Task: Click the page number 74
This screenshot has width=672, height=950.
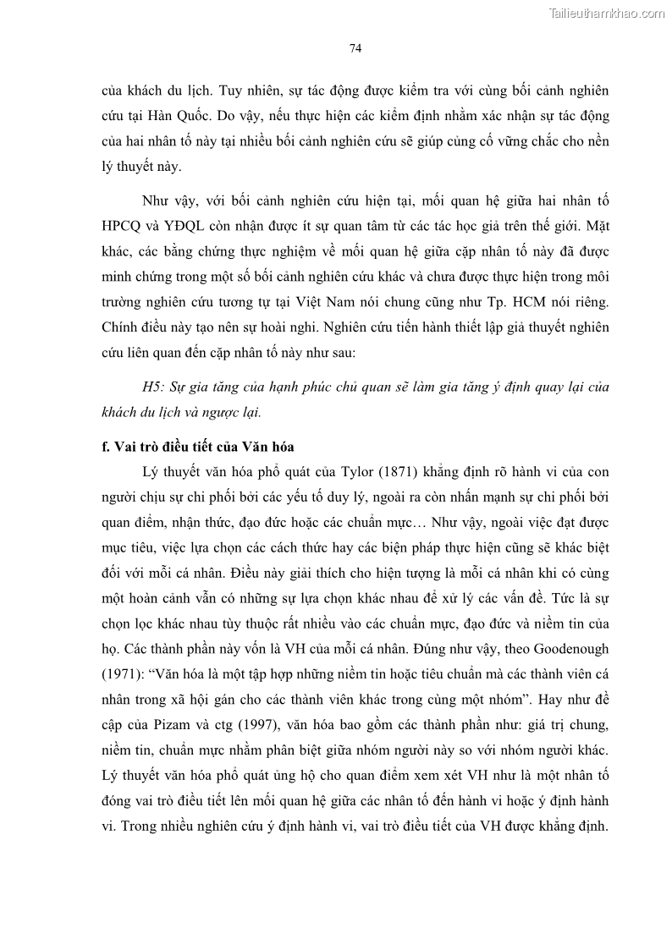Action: point(355,48)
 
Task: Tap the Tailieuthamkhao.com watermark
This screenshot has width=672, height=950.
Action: point(608,13)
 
